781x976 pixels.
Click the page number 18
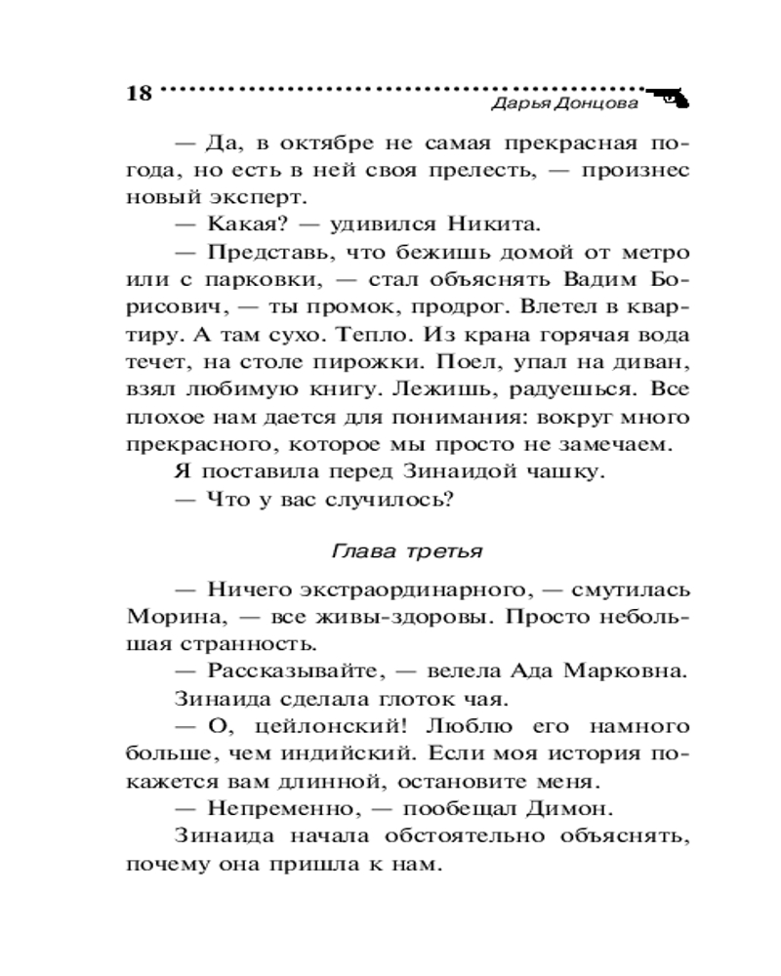[x=140, y=94]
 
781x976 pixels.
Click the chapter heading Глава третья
[x=408, y=549]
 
